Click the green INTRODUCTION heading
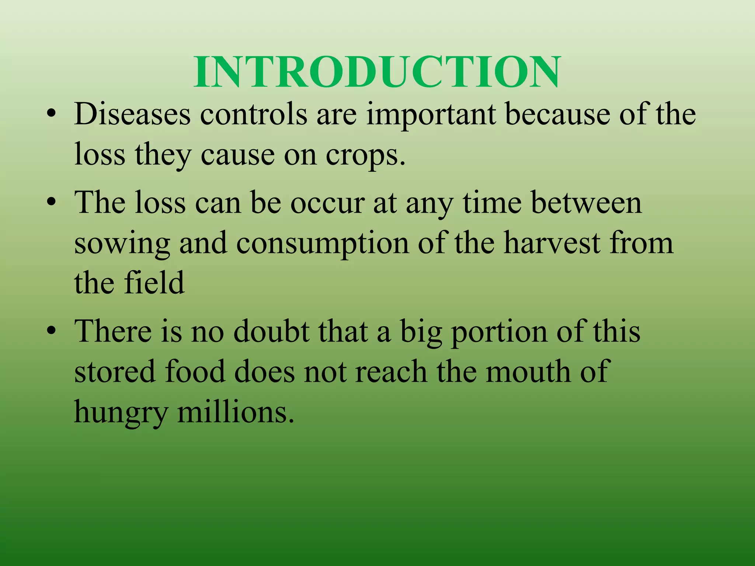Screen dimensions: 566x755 (x=377, y=72)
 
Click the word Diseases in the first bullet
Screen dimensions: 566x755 (x=132, y=114)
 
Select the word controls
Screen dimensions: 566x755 (x=253, y=114)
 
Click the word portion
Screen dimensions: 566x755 (x=500, y=332)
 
